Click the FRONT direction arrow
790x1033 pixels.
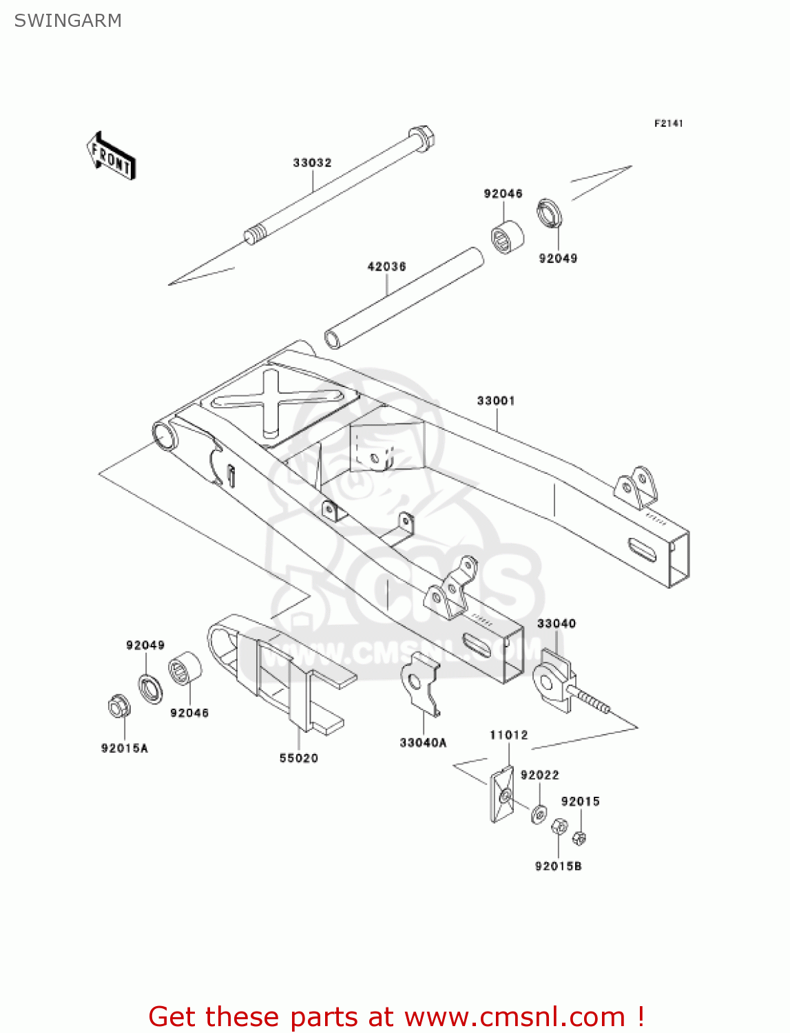click(x=111, y=156)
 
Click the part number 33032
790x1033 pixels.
click(x=312, y=163)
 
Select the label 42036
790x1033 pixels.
click(x=386, y=267)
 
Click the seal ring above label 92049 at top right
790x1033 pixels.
click(x=550, y=213)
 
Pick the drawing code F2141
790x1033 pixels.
click(x=668, y=123)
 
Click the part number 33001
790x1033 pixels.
click(x=496, y=401)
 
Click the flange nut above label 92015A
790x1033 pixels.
click(x=119, y=707)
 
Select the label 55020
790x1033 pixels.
click(x=298, y=758)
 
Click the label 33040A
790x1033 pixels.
click(x=423, y=742)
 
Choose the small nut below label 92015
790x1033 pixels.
click(x=579, y=838)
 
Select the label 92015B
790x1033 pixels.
click(x=558, y=866)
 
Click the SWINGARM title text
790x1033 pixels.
click(x=67, y=21)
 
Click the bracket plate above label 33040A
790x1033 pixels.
click(x=419, y=682)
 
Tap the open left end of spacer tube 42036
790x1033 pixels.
click(x=333, y=339)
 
